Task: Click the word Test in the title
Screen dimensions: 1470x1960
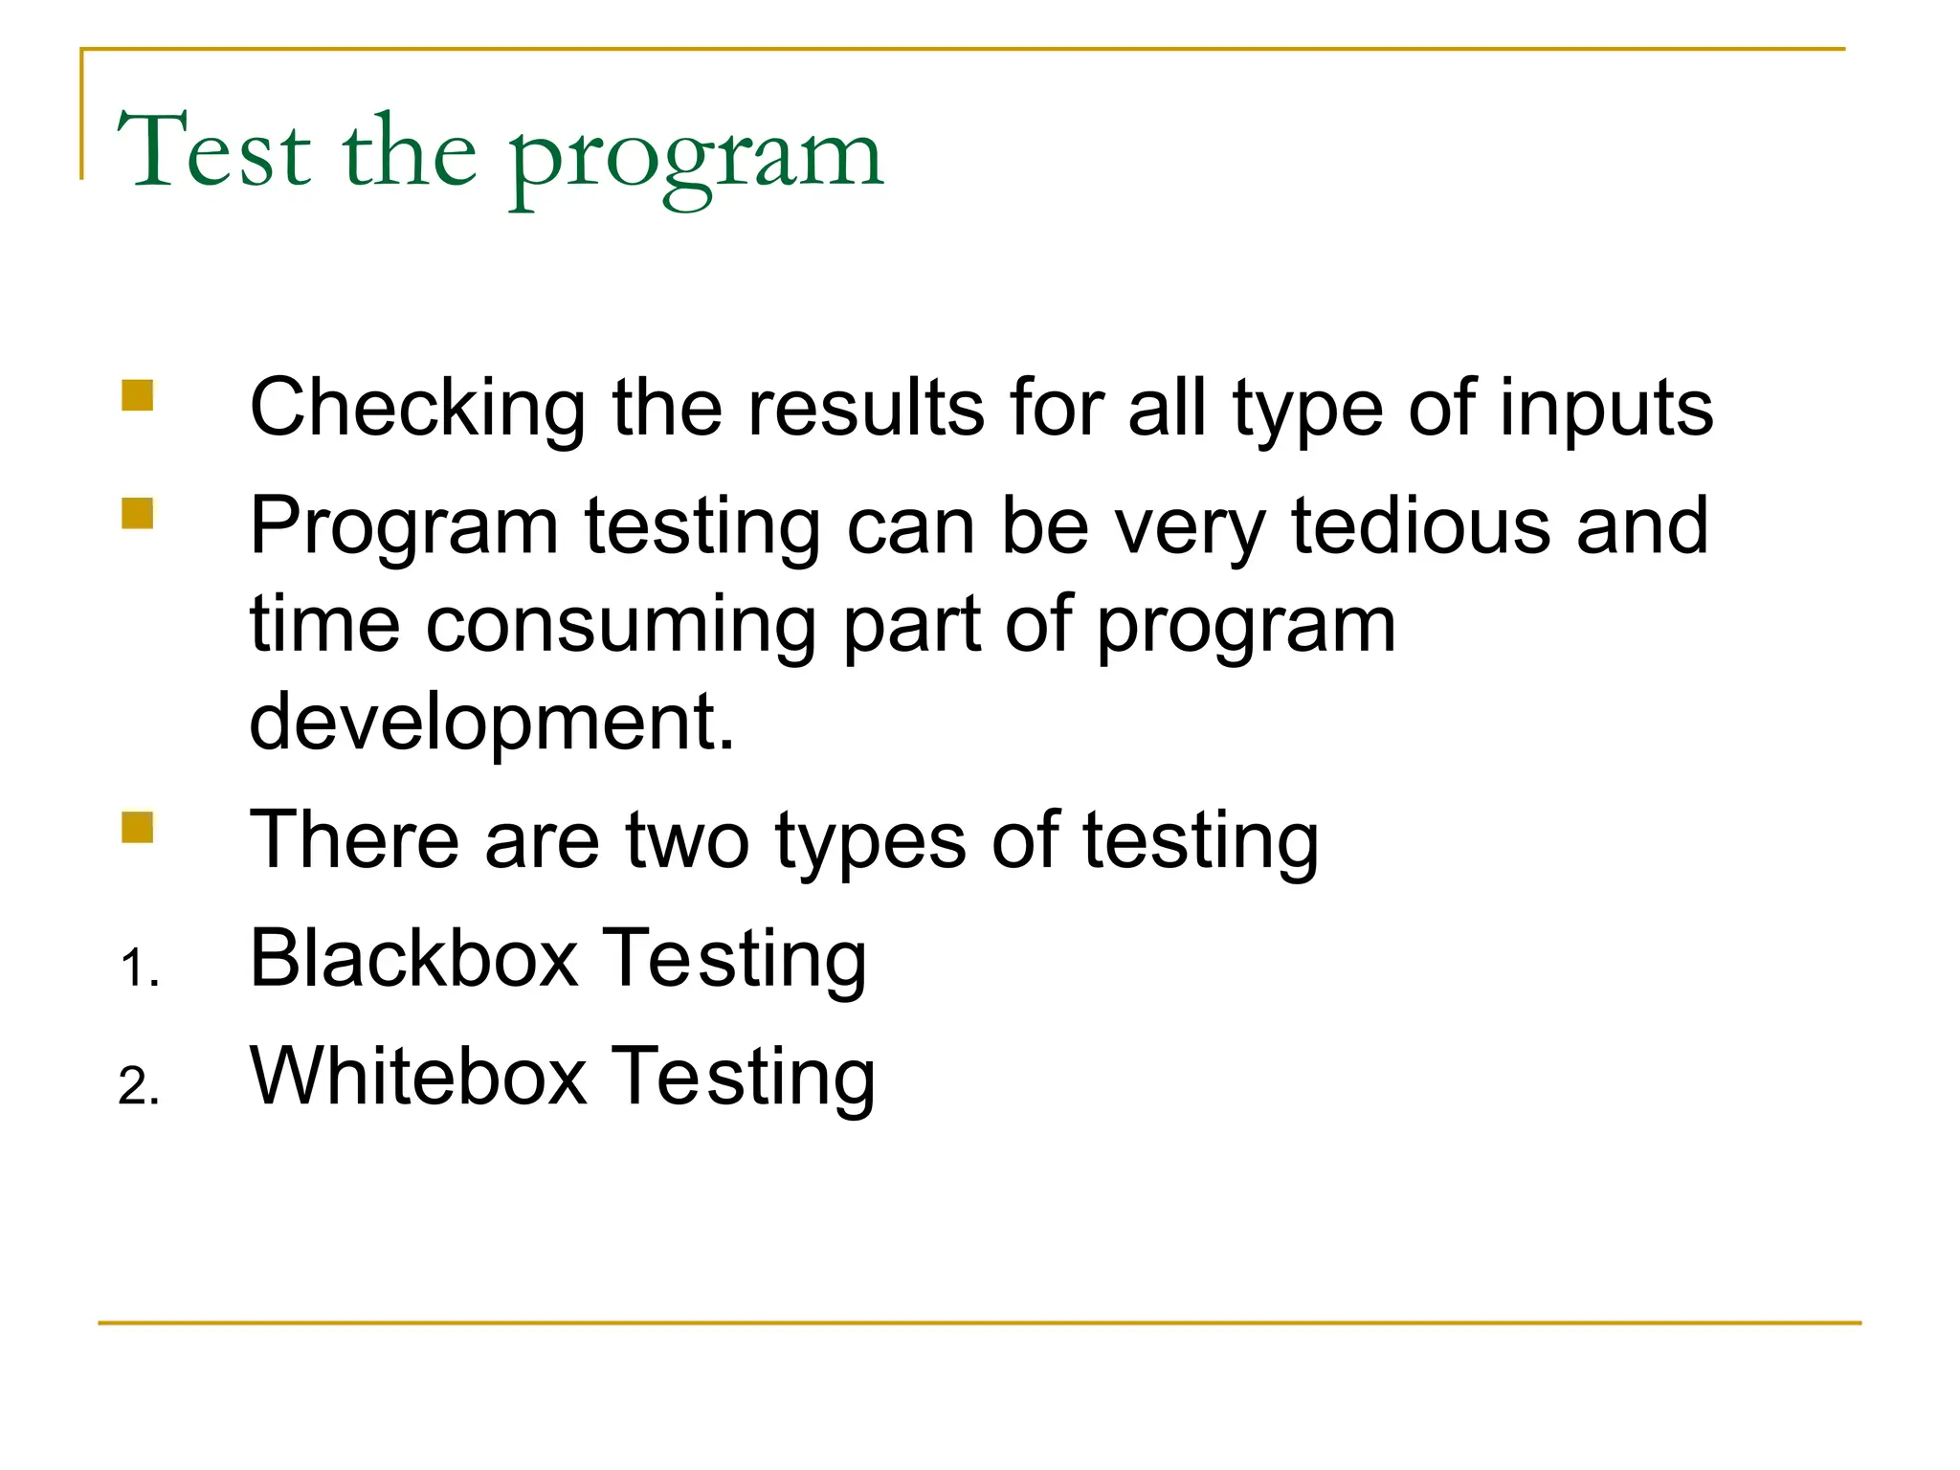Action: (214, 151)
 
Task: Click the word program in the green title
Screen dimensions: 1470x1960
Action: (696, 158)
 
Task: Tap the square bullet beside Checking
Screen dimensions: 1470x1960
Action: (138, 395)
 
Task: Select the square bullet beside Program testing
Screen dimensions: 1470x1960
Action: (138, 513)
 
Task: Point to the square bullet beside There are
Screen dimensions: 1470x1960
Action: (138, 827)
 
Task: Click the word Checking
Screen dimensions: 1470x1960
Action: (417, 410)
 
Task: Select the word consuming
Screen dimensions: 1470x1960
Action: (620, 627)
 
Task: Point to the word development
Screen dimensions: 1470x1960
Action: (492, 724)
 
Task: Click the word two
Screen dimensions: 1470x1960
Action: (687, 840)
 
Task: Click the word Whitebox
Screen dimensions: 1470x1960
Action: (418, 1077)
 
